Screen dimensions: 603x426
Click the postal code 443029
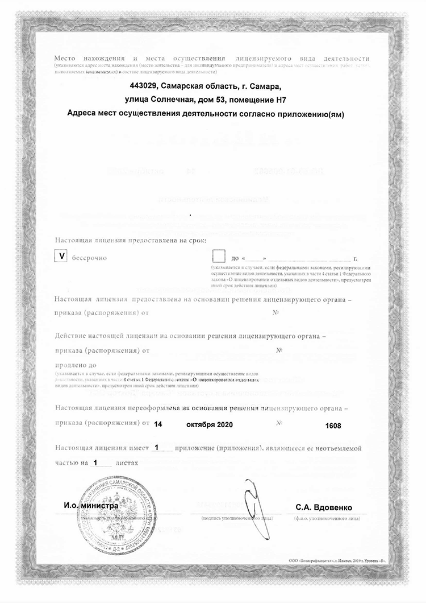coord(144,86)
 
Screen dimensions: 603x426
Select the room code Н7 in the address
coord(275,100)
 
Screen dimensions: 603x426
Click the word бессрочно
coord(89,258)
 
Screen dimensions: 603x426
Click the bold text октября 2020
coord(210,424)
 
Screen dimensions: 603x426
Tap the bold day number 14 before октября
coord(158,424)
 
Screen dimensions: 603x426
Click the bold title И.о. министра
coord(91,505)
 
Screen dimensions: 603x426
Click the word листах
coord(127,463)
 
